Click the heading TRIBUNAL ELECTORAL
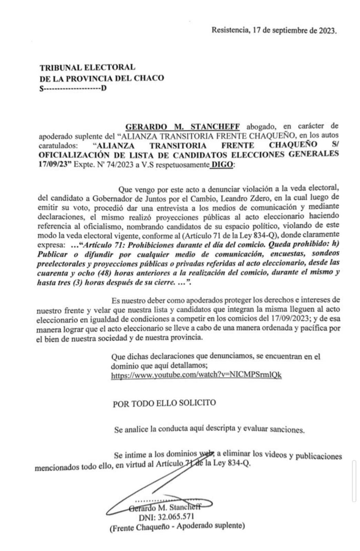[88, 68]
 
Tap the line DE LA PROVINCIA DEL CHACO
[102, 78]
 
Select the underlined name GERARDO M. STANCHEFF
[182, 126]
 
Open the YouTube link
[196, 375]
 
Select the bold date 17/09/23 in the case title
[54, 164]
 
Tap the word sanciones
[288, 429]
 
